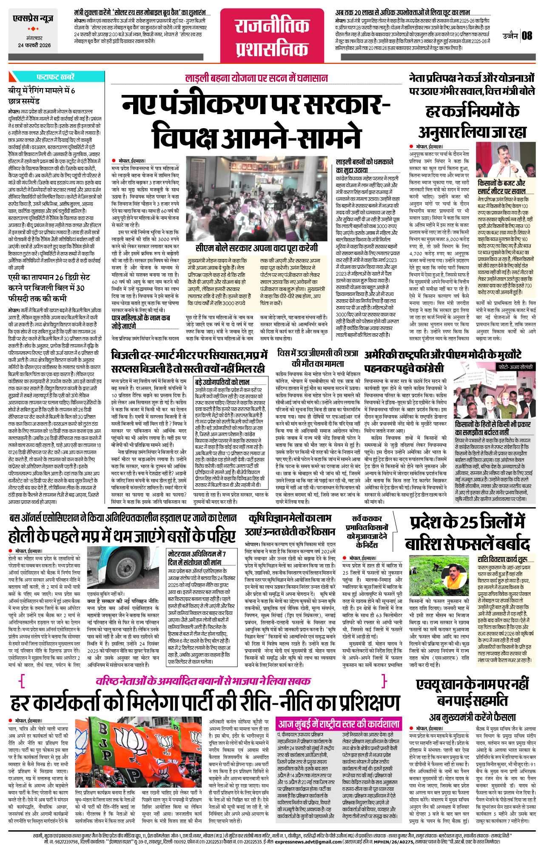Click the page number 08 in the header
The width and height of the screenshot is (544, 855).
[527, 35]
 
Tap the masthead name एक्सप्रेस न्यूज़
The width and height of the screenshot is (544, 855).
[33, 19]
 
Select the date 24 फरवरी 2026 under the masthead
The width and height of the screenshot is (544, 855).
[34, 45]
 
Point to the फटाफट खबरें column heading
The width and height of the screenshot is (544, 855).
[55, 77]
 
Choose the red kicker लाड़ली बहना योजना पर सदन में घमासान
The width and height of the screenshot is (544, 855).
[256, 78]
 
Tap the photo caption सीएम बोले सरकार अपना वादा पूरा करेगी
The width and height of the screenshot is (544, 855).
[256, 248]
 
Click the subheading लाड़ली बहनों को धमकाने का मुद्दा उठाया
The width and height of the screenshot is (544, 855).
[365, 166]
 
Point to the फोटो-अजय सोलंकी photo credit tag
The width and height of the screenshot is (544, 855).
[514, 367]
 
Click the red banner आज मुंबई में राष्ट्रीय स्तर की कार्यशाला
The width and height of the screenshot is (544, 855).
[339, 723]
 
